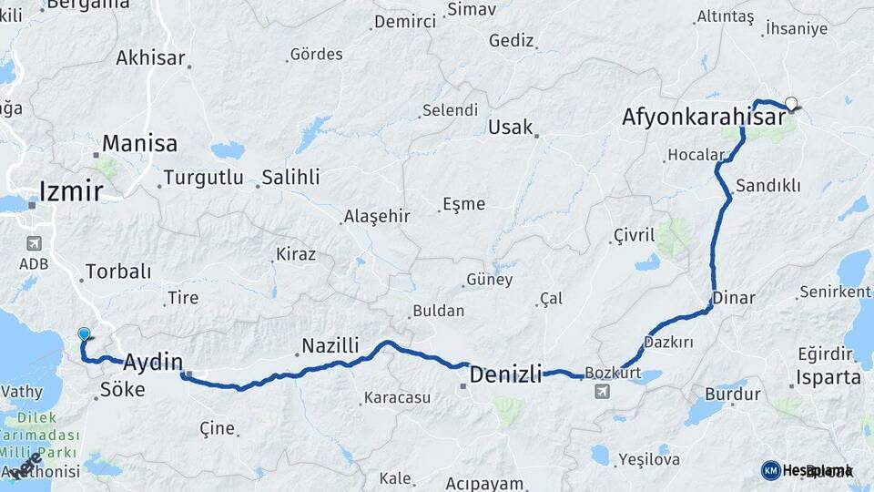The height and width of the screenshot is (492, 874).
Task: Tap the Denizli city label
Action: point(505,374)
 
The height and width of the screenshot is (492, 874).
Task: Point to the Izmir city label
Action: point(70,191)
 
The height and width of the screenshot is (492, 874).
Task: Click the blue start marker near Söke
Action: point(84,335)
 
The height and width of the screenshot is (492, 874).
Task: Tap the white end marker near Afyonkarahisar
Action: point(790,104)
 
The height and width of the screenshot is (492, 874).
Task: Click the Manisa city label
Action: point(139,144)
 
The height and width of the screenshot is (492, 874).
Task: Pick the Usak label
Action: point(510,128)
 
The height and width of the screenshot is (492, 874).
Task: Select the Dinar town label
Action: point(733,298)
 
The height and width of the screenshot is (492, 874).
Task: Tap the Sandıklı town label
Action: point(767,186)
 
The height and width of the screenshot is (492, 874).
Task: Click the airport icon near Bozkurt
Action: point(602,391)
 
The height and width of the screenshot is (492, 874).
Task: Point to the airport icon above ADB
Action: point(35,243)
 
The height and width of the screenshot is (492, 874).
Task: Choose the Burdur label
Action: point(732,395)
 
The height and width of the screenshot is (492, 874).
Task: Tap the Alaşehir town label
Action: point(376,217)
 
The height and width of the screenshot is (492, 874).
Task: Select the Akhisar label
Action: point(151,58)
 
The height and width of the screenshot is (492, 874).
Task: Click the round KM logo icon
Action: point(770,470)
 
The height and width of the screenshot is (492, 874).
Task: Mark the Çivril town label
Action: point(634,236)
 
